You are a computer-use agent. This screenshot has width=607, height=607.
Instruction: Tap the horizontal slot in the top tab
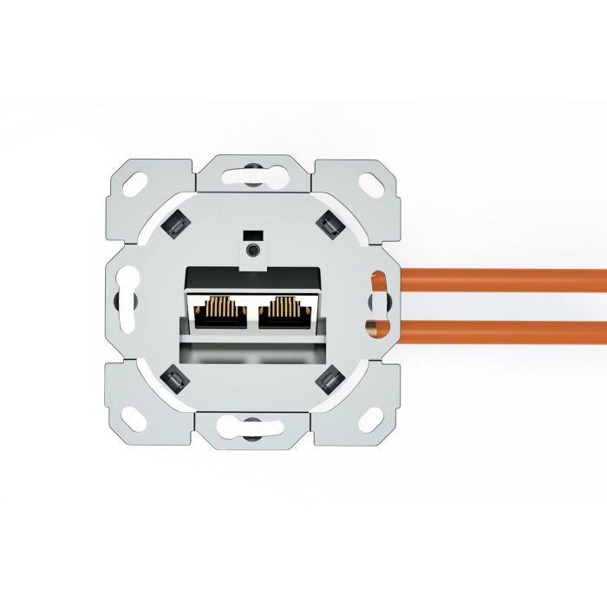[x=251, y=173]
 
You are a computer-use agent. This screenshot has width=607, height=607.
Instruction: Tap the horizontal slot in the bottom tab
[x=251, y=426]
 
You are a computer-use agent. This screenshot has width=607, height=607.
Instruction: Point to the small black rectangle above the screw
[x=252, y=234]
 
